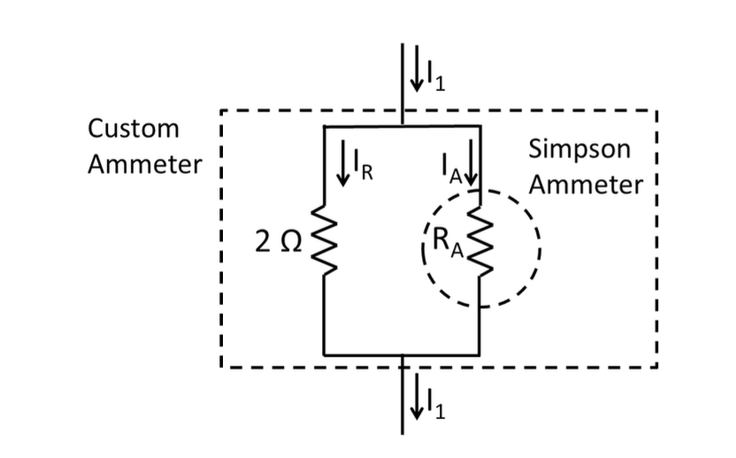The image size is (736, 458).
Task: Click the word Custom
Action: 134,128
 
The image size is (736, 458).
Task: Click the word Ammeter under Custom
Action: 145,164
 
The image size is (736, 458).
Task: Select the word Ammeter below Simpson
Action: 588,185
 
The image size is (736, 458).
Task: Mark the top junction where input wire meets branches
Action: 402,126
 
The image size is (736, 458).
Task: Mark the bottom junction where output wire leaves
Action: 402,355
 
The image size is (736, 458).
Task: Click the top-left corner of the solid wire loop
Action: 325,126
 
